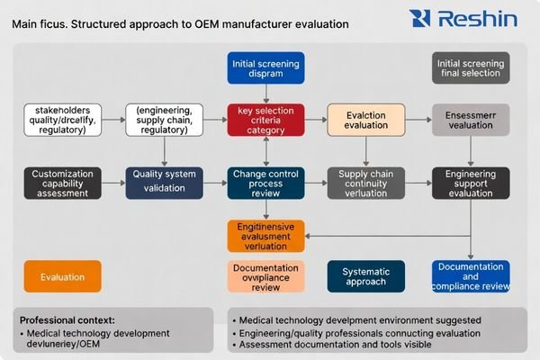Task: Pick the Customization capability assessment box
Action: (62, 182)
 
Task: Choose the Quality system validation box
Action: (163, 181)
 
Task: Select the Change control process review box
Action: (265, 182)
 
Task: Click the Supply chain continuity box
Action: (366, 182)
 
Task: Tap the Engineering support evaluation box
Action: (471, 182)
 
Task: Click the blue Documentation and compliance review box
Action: (471, 275)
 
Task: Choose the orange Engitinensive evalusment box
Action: (265, 236)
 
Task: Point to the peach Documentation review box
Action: (265, 275)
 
